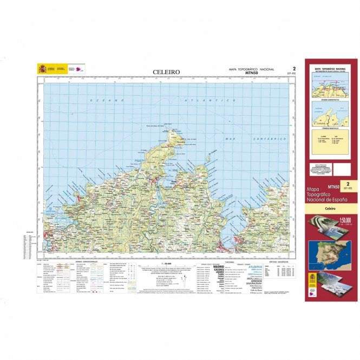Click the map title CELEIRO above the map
coord(166,71)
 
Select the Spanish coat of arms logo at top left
coord(42,69)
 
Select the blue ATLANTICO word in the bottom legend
coord(257,266)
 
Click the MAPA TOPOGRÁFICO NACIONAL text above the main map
coord(252,69)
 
